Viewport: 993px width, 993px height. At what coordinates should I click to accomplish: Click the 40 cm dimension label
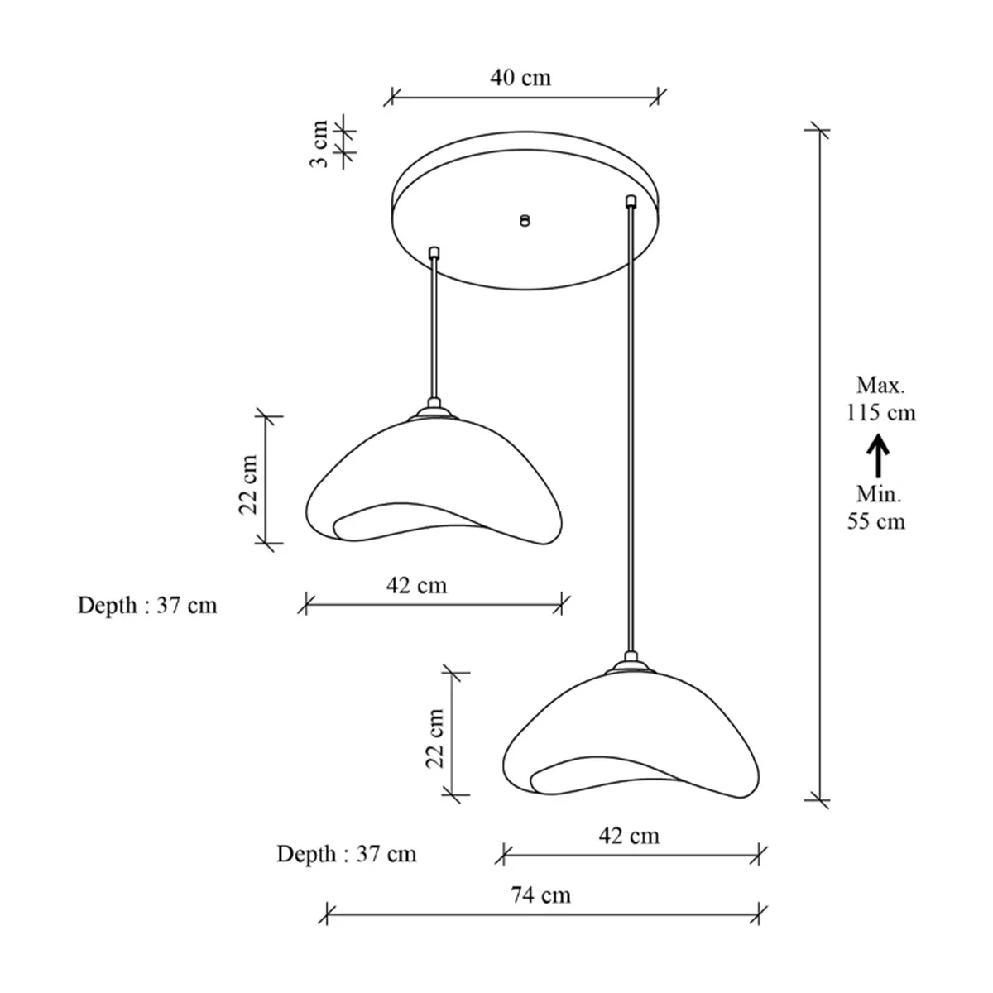point(520,78)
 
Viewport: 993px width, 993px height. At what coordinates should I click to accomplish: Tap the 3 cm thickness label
point(319,144)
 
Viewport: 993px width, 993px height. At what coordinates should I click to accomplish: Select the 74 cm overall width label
point(540,895)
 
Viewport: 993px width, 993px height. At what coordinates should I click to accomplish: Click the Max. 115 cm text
point(880,399)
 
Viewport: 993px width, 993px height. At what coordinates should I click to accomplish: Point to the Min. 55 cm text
point(876,508)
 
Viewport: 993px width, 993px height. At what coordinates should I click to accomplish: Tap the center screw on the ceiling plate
point(525,221)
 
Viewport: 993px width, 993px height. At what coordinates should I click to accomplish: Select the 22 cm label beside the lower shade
point(435,738)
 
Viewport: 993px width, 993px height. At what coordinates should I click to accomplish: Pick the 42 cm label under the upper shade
point(416,585)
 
